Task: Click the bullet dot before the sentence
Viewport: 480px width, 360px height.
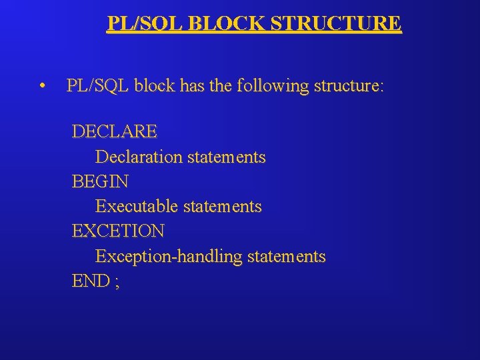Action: point(42,86)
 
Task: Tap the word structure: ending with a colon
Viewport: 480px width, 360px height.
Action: point(349,86)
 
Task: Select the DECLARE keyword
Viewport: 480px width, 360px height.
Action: point(114,132)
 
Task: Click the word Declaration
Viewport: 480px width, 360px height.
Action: point(139,157)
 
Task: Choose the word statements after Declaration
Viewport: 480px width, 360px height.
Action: point(227,157)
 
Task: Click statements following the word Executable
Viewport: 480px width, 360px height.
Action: point(223,207)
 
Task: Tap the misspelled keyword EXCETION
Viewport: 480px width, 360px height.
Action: point(118,231)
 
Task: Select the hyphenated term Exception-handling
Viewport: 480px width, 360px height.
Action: point(169,257)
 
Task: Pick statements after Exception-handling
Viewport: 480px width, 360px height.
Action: point(287,257)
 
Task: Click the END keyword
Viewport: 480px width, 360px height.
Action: point(90,281)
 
